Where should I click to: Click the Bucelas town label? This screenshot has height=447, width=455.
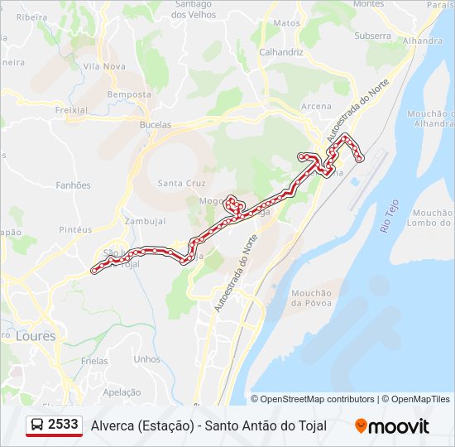pos(156,124)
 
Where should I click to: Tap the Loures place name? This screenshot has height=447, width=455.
pos(35,337)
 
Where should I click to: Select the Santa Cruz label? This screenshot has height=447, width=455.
pos(175,184)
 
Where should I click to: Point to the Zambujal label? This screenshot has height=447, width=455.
pos(145,222)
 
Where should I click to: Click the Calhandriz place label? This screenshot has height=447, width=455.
pos(280,52)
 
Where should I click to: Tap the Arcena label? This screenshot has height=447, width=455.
pos(316,107)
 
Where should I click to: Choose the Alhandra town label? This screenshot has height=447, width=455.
pos(422,41)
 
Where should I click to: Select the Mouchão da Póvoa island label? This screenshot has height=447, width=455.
pos(311,298)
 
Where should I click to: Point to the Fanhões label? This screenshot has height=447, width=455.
pos(73,186)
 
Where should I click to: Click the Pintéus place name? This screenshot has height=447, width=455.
pos(76,229)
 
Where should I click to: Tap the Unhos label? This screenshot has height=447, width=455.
pos(146,359)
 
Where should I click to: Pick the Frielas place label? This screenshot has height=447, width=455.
pos(96,363)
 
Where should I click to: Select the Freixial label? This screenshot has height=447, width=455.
pos(71,109)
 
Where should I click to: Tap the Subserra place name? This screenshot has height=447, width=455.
pos(372,36)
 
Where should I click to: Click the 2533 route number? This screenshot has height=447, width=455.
pos(63,425)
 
